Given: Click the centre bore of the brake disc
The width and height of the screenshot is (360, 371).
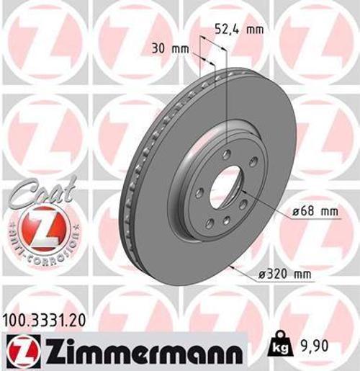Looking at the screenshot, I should (x=226, y=186).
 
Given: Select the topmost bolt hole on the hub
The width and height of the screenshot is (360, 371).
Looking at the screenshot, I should (x=226, y=155).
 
